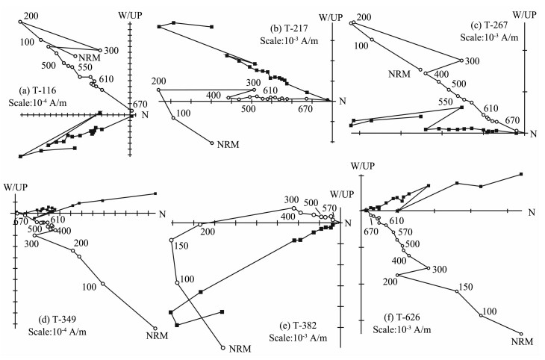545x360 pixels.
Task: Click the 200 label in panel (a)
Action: [x=31, y=15]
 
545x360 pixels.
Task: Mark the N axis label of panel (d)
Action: [x=162, y=214]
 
